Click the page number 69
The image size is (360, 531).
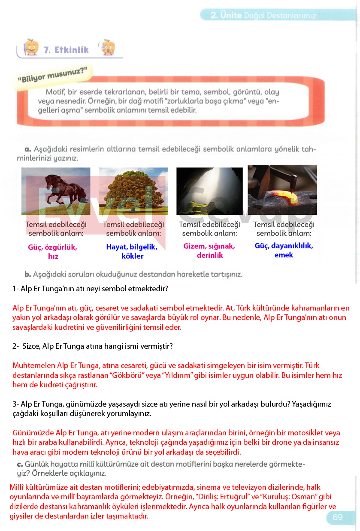(338, 517)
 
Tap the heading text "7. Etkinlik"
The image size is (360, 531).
(67, 50)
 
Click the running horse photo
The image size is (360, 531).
(55, 191)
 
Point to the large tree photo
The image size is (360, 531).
(133, 191)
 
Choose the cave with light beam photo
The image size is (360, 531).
(209, 191)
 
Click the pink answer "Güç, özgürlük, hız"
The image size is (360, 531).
(53, 252)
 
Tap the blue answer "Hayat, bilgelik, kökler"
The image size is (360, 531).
(132, 252)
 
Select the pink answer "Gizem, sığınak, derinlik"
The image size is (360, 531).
(209, 251)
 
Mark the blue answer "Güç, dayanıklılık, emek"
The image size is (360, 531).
(284, 250)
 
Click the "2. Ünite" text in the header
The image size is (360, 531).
(226, 15)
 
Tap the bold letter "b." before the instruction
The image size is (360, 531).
(28, 274)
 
